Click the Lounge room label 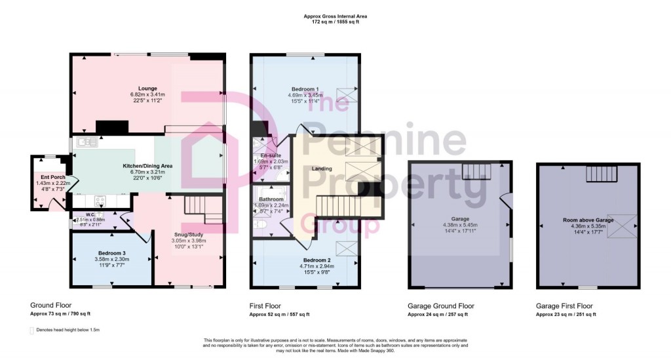[x=147, y=88]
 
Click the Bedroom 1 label [x=305, y=89]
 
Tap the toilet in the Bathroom [x=261, y=225]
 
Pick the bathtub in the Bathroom [x=271, y=197]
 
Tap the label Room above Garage [x=588, y=220]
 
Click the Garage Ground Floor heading [x=440, y=306]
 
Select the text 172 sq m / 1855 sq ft [x=335, y=22]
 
